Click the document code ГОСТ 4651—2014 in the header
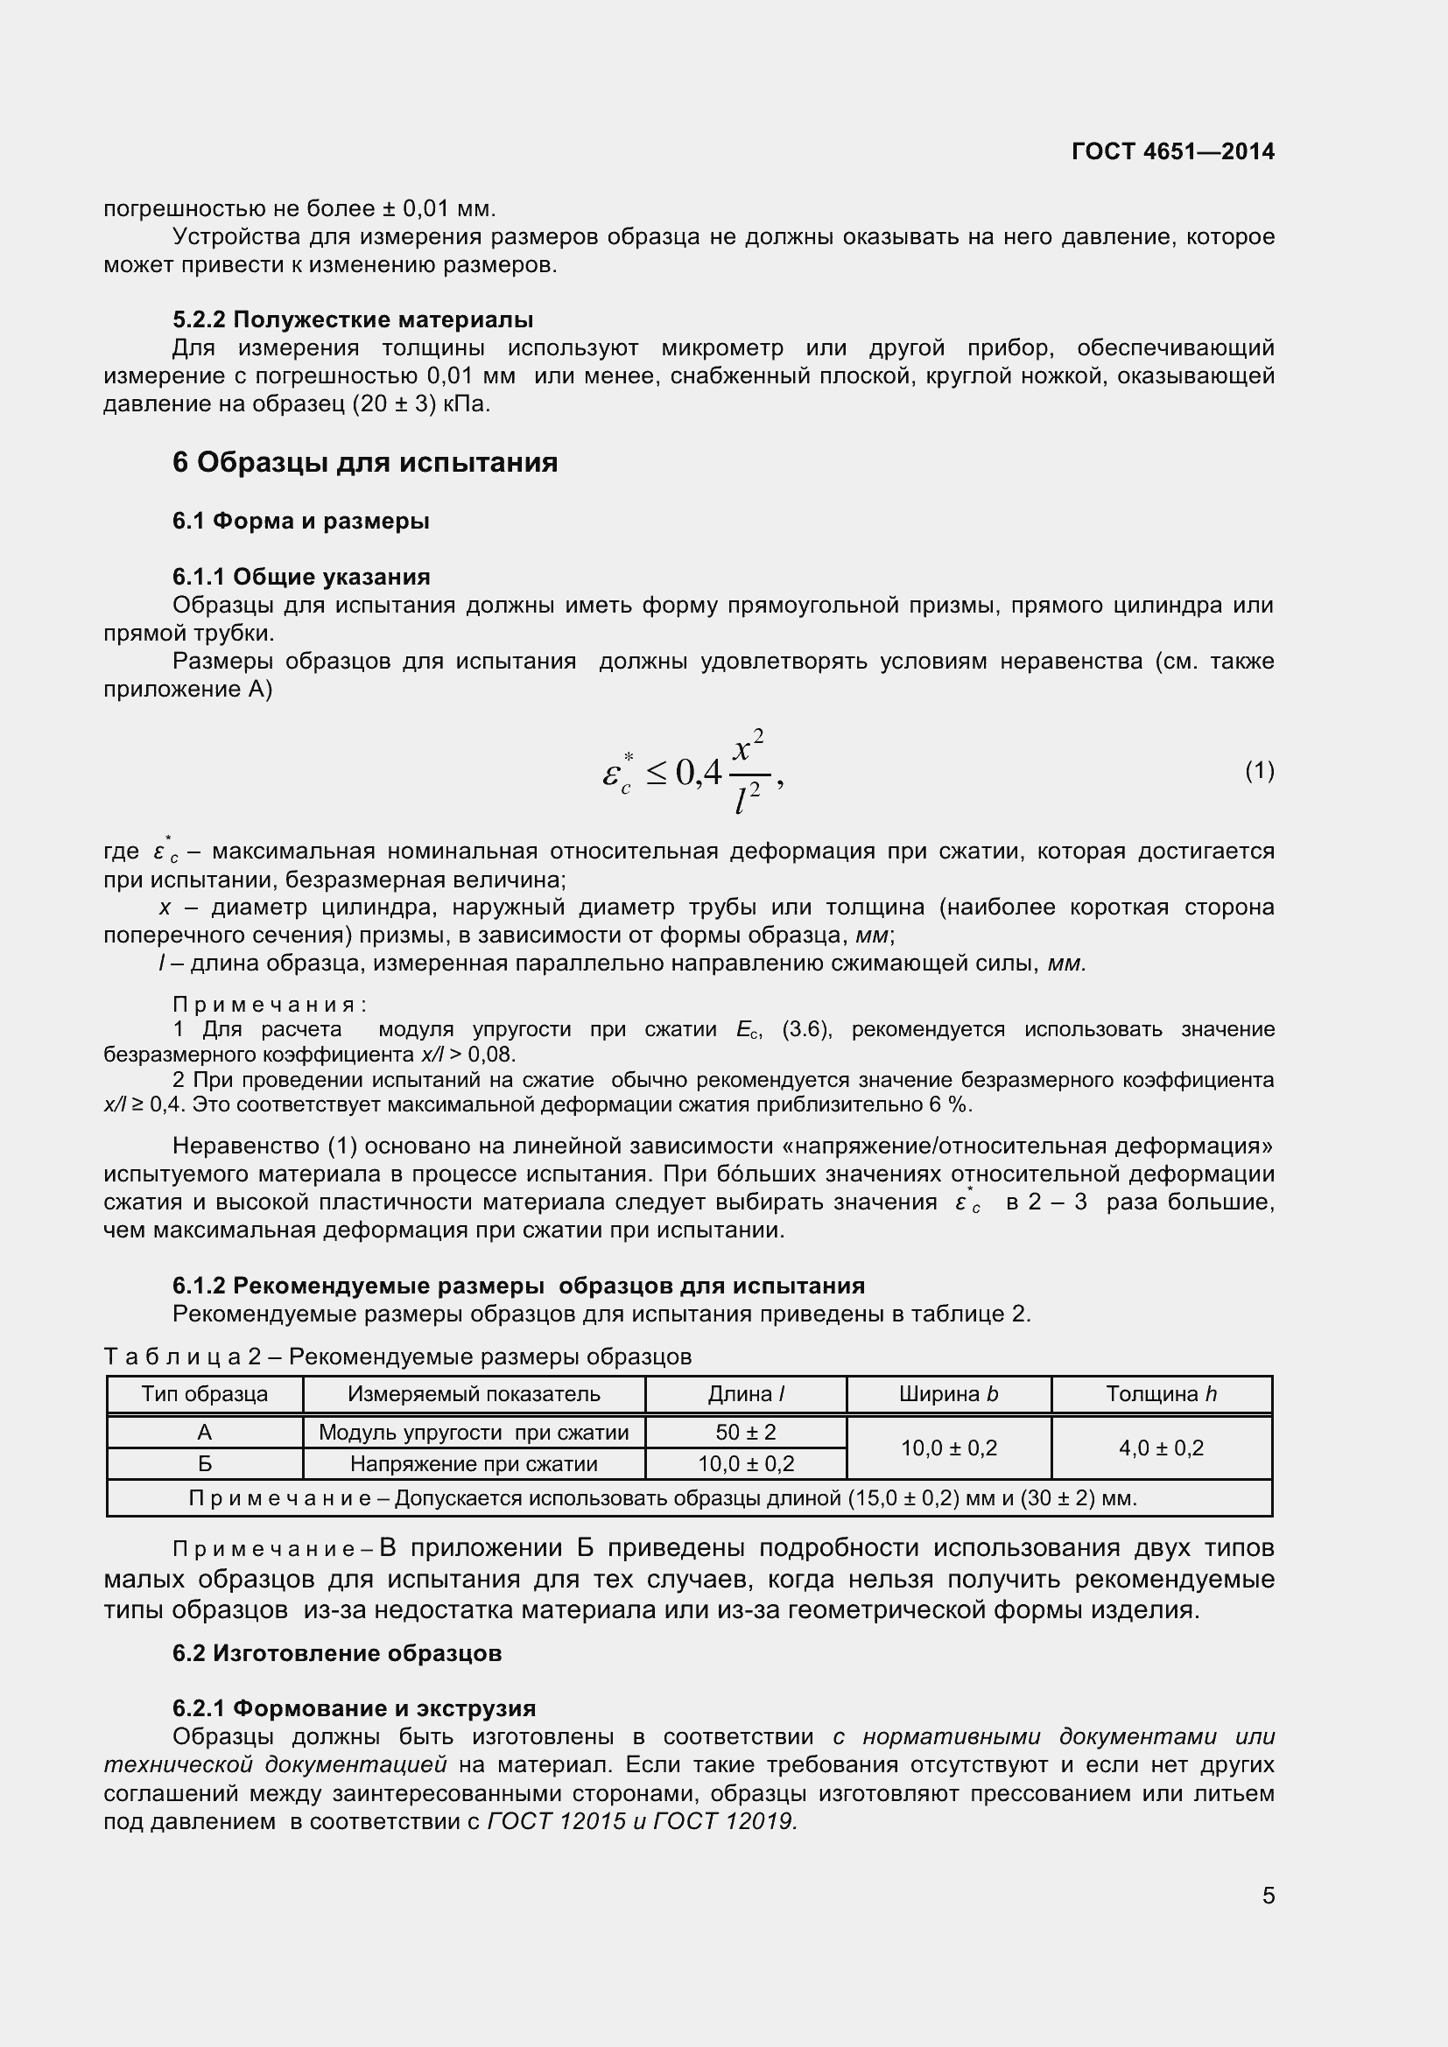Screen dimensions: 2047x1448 click(1172, 151)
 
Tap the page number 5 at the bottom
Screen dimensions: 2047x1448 click(1268, 1895)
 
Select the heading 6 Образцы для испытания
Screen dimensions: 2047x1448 click(365, 463)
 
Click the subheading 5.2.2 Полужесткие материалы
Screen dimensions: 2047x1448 click(353, 319)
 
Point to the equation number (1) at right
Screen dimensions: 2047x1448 click(1259, 770)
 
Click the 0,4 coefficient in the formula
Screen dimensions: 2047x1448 click(698, 772)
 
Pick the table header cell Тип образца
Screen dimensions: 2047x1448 click(204, 1394)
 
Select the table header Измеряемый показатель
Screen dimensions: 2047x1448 click(474, 1394)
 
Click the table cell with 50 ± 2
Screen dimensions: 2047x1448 click(745, 1433)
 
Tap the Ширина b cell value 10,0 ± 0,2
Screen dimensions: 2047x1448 click(948, 1448)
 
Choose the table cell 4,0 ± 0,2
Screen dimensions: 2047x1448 click(1161, 1448)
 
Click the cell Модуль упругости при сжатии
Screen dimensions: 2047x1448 click(474, 1433)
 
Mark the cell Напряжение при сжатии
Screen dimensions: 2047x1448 click(474, 1464)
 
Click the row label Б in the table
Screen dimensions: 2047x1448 click(204, 1464)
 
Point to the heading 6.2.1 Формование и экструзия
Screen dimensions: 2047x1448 click(354, 1708)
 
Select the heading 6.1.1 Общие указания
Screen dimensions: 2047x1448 click(301, 577)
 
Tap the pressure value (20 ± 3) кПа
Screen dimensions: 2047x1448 click(421, 403)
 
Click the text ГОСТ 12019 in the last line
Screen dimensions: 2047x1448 click(724, 1821)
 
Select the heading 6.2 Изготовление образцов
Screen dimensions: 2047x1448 click(337, 1653)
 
